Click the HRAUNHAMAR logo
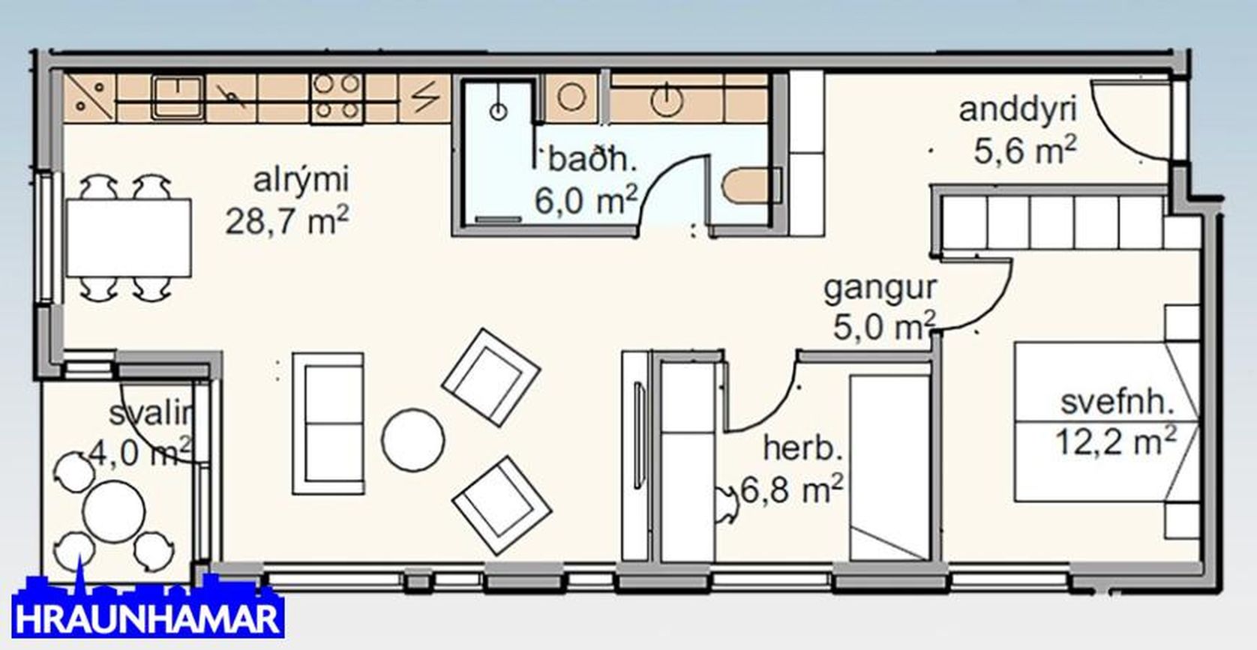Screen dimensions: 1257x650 [147, 608]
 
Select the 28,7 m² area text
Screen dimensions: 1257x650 [286, 220]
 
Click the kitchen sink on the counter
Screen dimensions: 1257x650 [177, 97]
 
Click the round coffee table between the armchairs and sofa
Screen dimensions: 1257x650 [413, 439]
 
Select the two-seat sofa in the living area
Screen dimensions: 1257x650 [328, 424]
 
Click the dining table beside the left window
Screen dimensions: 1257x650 [129, 238]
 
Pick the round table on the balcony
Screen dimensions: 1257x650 [114, 511]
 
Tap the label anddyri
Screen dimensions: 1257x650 [1018, 110]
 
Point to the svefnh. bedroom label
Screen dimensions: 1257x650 [1117, 403]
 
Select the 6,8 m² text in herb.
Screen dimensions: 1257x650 [792, 489]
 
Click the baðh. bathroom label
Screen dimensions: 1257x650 [592, 160]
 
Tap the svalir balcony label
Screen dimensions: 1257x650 [151, 415]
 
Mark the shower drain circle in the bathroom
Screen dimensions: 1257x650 [498, 111]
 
